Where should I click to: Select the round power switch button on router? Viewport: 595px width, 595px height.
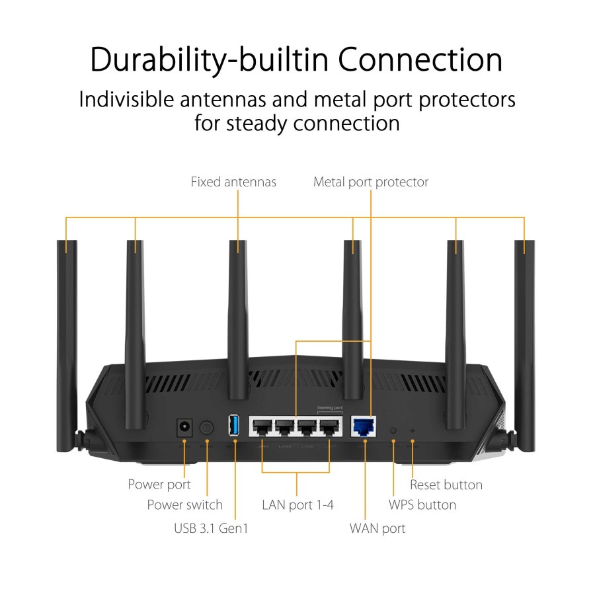click(x=208, y=428)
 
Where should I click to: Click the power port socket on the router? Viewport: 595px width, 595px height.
click(x=184, y=428)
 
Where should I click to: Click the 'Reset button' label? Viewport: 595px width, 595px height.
click(x=446, y=485)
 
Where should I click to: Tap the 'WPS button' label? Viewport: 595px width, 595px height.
click(x=422, y=505)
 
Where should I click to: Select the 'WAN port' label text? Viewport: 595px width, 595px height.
click(x=377, y=528)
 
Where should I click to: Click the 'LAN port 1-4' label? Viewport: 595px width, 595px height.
click(x=297, y=505)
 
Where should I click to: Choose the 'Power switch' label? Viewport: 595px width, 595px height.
click(x=184, y=505)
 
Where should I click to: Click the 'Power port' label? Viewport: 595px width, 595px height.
click(x=159, y=485)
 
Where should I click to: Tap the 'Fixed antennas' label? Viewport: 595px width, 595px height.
click(x=233, y=181)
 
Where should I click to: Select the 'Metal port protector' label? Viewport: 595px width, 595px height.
click(x=371, y=181)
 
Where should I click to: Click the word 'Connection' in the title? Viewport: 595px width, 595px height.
click(x=420, y=60)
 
